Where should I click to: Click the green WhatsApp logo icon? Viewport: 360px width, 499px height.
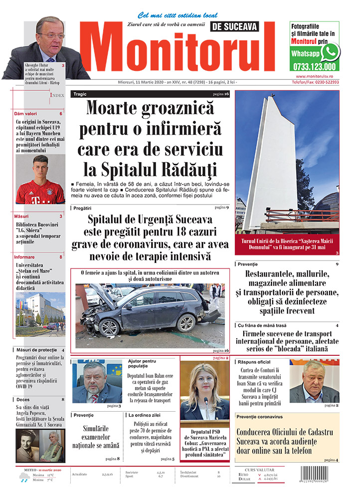tap(330, 51)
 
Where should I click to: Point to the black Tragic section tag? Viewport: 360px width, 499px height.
tap(80, 94)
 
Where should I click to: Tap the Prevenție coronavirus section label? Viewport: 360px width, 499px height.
tap(260, 416)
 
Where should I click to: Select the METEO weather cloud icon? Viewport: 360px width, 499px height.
tap(23, 478)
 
